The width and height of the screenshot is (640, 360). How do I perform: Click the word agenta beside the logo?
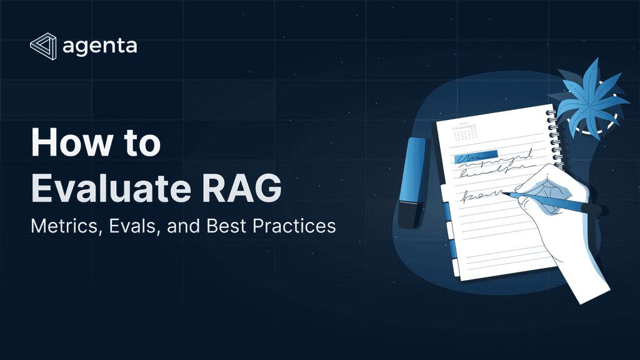coord(100,47)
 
